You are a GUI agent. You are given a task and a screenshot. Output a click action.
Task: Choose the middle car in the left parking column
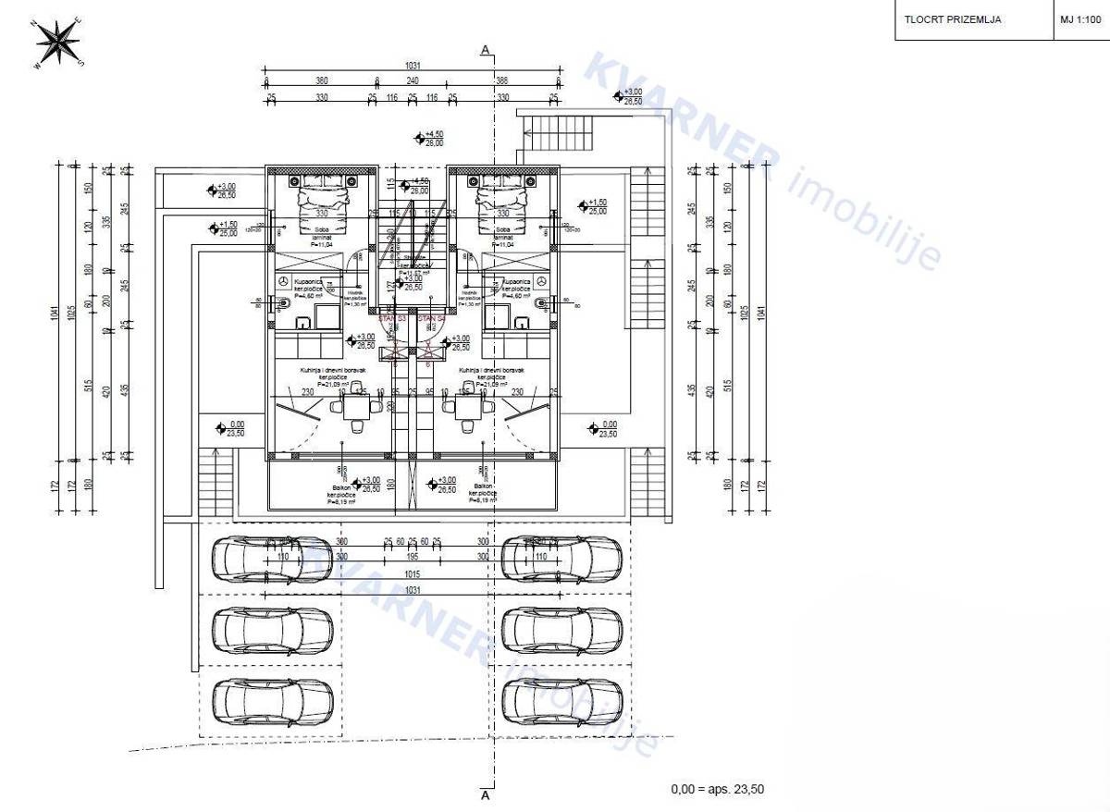273,631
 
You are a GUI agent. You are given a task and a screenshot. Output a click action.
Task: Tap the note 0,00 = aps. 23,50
717,789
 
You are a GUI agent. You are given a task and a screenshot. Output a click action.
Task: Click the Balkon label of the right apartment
482,486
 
